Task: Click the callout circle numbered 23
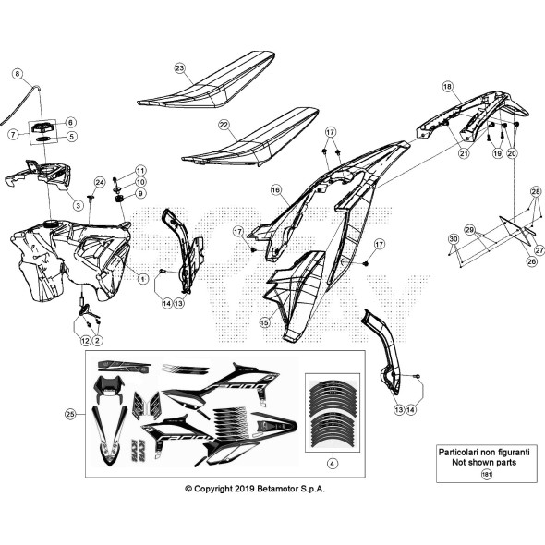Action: [180, 67]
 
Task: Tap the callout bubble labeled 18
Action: [447, 86]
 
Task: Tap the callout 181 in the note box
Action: [487, 473]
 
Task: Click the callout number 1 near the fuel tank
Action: [142, 277]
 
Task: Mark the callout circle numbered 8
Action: [17, 72]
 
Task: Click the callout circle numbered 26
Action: [504, 261]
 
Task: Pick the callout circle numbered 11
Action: [140, 171]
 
